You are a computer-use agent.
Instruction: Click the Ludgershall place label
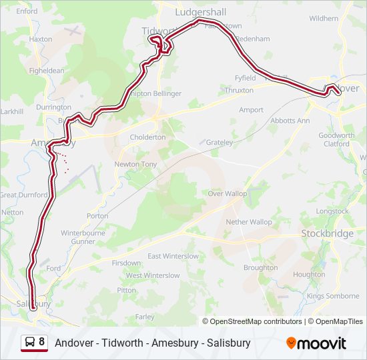click(200, 12)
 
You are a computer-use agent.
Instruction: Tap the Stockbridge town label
click(327, 234)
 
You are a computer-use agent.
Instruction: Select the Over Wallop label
click(227, 193)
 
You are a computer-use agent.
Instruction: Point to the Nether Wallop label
click(249, 221)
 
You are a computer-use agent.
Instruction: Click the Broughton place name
click(260, 267)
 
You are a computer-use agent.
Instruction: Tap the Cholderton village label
click(147, 137)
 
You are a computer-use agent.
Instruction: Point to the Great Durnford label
click(24, 195)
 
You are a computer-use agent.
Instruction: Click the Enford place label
click(27, 11)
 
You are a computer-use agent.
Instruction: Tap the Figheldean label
click(47, 71)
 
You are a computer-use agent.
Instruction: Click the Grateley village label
click(220, 143)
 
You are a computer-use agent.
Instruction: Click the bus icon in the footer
click(31, 343)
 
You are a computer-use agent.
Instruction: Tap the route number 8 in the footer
click(42, 343)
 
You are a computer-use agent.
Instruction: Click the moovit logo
click(316, 343)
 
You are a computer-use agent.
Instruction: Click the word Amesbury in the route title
click(177, 343)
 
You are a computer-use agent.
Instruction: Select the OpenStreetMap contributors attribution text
click(256, 321)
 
